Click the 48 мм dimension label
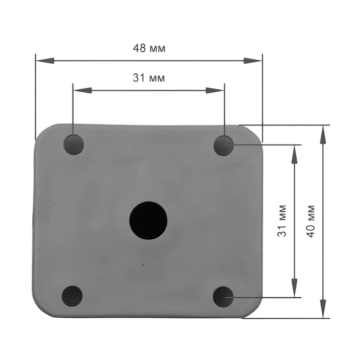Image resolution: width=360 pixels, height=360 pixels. coord(149,48)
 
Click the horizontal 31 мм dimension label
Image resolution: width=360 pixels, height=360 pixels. coord(149,78)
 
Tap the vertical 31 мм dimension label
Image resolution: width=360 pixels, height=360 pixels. coord(282,220)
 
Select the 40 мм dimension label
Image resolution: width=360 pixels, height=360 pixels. coord(310,221)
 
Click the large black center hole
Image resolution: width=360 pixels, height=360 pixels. coord(148,220)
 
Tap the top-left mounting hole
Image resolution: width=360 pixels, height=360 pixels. coord(74,145)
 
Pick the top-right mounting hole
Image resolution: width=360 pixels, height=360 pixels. coord(224,146)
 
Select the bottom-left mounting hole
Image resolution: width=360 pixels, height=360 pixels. coord(72,296)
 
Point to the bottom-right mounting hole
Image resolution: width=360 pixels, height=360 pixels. coord(223,297)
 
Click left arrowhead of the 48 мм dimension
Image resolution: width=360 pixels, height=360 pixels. coord(45,61)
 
